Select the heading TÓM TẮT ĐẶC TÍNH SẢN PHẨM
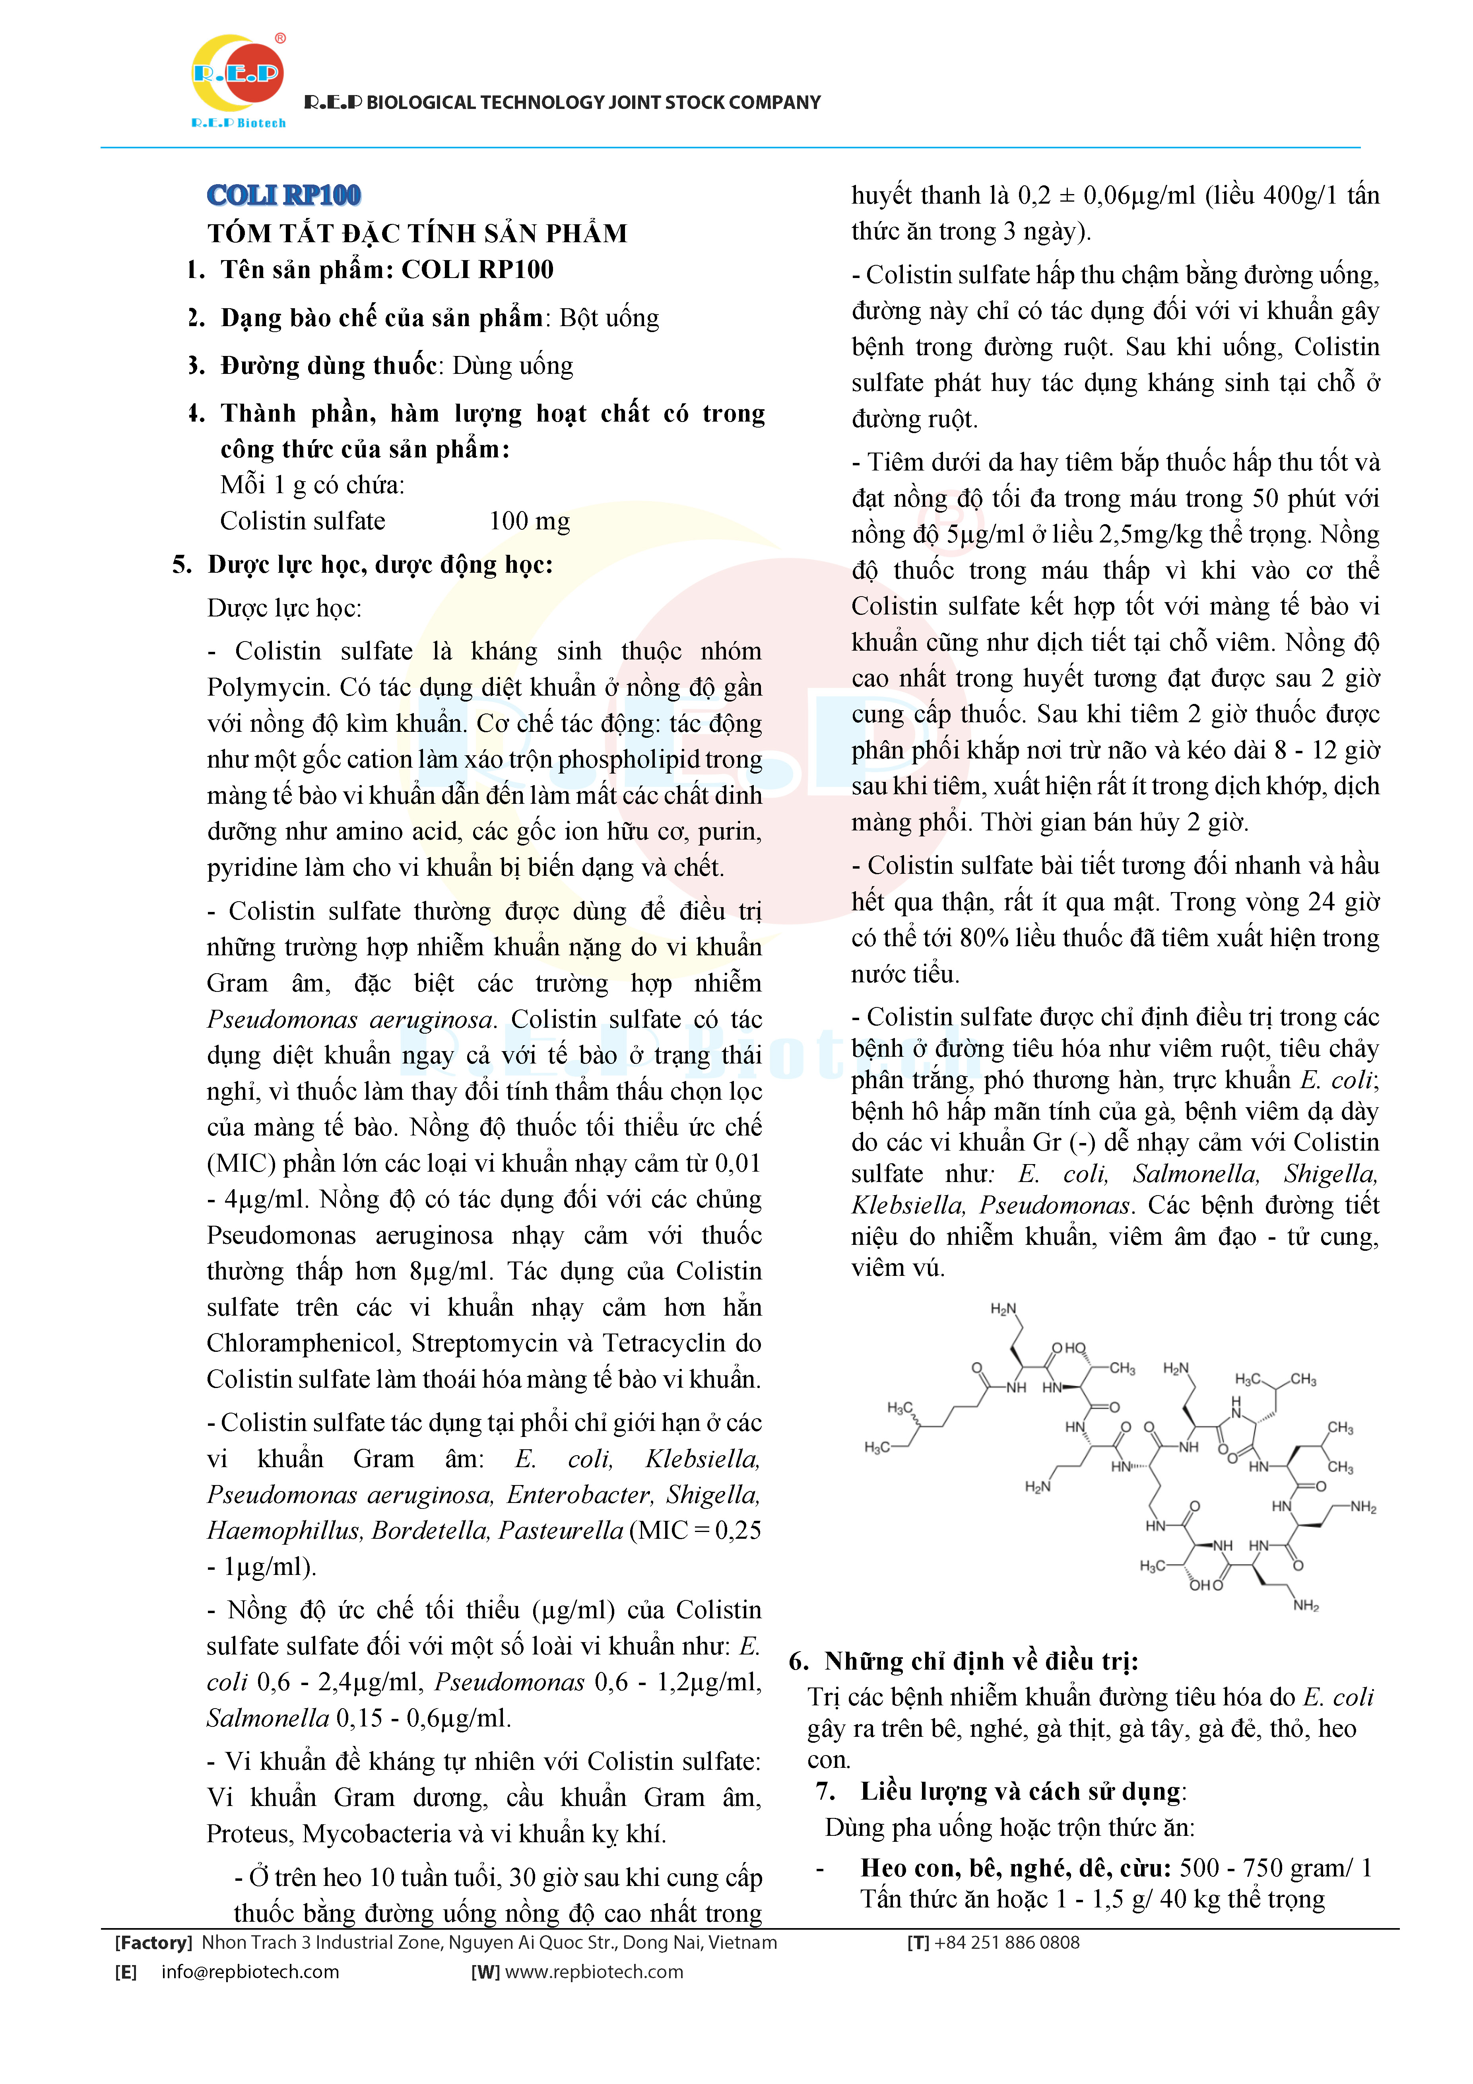click(417, 233)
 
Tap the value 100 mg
click(529, 521)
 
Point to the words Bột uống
click(609, 318)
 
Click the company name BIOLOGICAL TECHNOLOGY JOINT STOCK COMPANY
click(593, 103)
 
